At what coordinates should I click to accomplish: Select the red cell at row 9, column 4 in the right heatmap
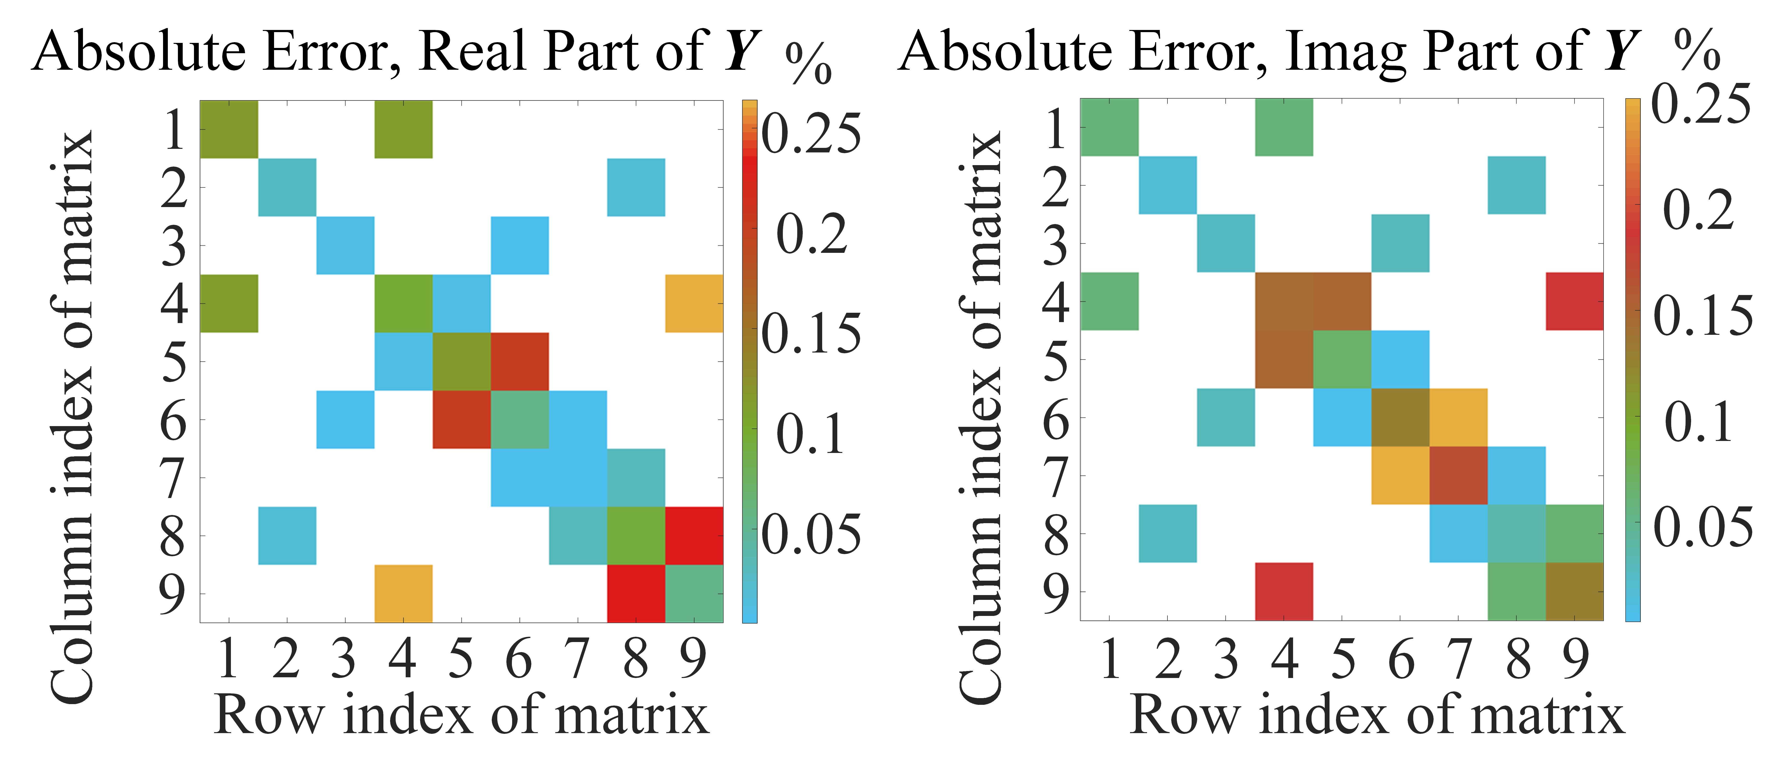1284,591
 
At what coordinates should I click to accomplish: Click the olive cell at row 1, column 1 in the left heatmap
229,129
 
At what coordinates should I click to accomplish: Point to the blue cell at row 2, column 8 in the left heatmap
636,187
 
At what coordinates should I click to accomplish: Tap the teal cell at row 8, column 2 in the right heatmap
1167,533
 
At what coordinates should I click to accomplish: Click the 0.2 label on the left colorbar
812,234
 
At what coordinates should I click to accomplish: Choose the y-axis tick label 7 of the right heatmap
1056,476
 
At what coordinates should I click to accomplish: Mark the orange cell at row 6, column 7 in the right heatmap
1458,417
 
